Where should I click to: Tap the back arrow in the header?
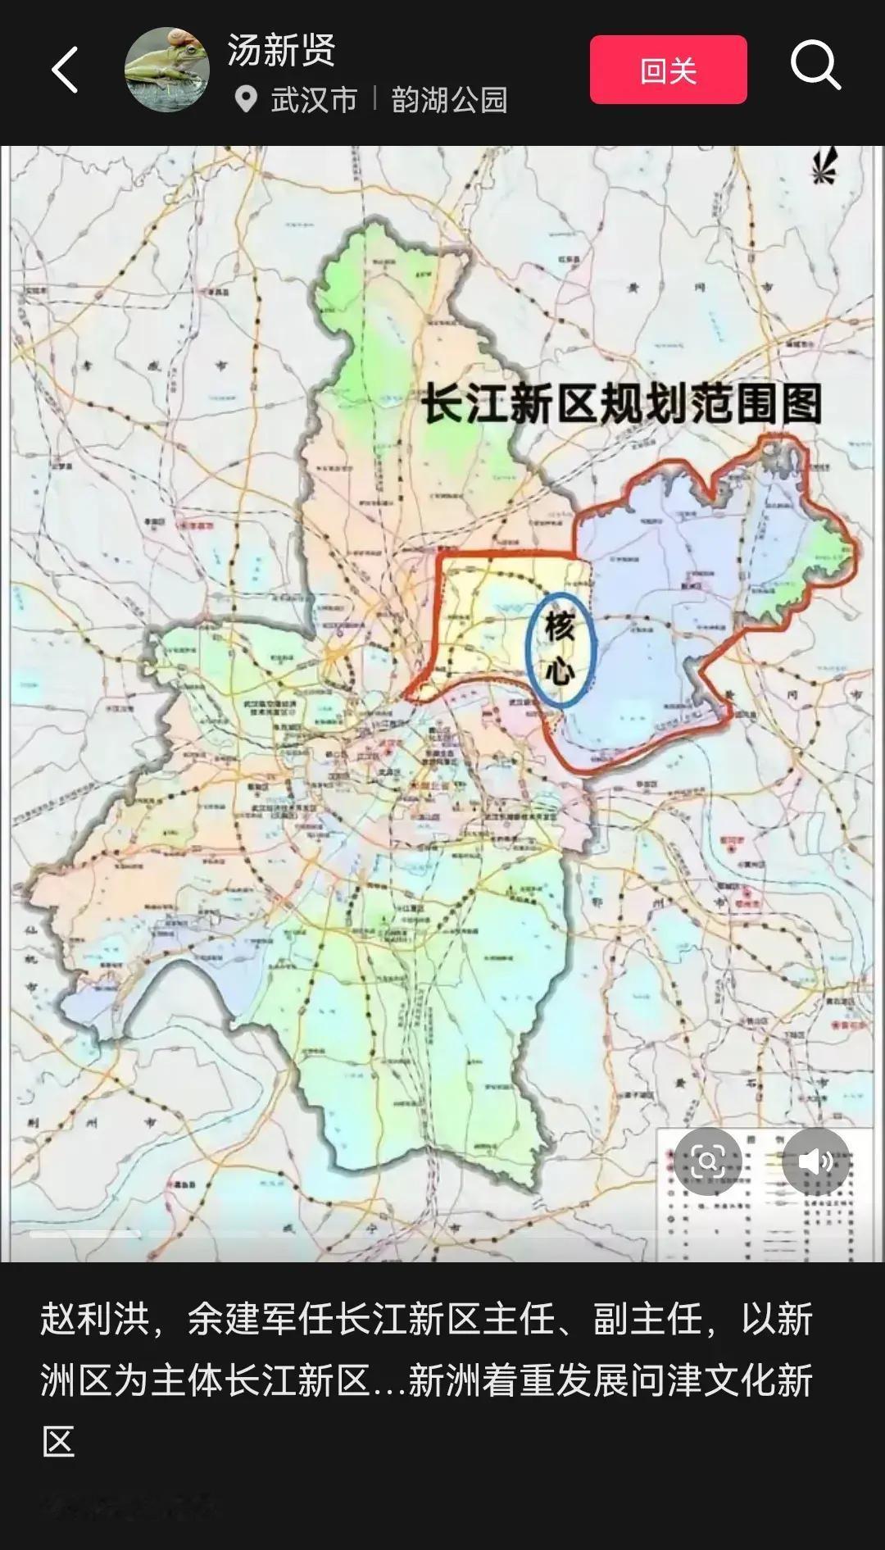click(66, 70)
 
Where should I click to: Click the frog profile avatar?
click(167, 70)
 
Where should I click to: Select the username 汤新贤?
click(281, 50)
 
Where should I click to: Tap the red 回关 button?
click(668, 70)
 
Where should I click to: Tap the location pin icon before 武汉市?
click(245, 100)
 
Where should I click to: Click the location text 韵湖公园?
click(449, 100)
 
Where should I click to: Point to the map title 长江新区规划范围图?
click(621, 403)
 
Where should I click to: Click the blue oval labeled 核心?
click(560, 650)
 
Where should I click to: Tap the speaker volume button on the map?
click(815, 1161)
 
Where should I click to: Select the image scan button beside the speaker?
click(707, 1161)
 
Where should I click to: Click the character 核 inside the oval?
click(560, 629)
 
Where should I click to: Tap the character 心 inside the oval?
click(560, 673)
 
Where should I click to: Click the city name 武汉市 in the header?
click(314, 100)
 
